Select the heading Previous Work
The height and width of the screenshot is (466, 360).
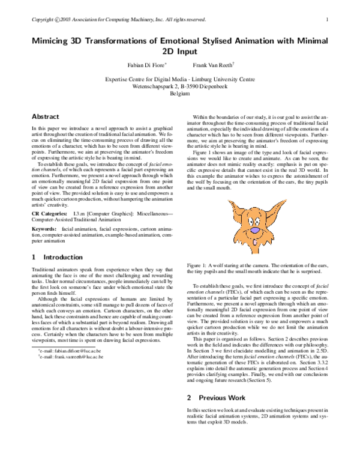click(x=223, y=397)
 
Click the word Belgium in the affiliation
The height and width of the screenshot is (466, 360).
click(x=180, y=94)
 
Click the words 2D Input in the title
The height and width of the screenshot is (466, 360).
click(x=180, y=52)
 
